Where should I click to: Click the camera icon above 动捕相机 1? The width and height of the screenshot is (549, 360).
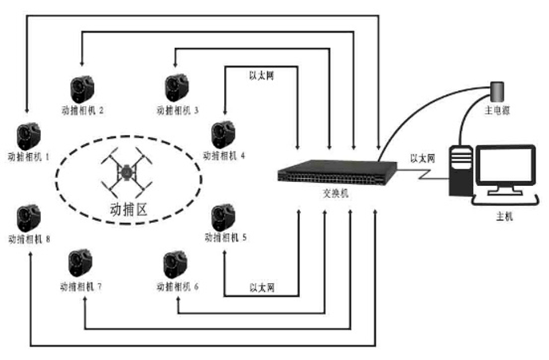coord(29,136)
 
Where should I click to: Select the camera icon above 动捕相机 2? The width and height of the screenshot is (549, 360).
coord(82,89)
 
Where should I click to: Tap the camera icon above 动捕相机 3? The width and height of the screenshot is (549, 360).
coord(177,88)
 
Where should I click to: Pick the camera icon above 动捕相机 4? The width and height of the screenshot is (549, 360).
coord(223,135)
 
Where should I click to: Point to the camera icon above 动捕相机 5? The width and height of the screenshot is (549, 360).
coord(223,218)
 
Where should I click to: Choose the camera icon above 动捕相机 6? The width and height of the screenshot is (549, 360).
coord(176,265)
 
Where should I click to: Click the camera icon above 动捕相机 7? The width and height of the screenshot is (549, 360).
coord(81,263)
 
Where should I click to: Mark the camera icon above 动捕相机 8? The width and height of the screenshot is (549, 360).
coord(29,219)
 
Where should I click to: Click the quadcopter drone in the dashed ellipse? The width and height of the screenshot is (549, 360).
coord(127,172)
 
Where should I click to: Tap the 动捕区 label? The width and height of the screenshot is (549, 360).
coord(128,210)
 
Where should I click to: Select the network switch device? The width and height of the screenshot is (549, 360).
coord(338,172)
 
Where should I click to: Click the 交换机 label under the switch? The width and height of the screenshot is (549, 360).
coord(335,193)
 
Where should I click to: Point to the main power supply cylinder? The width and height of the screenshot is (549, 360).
coord(497,92)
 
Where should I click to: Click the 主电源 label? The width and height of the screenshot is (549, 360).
coord(497,111)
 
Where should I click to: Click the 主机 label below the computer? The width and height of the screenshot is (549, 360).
coord(504,217)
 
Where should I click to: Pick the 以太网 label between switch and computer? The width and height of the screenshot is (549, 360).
coord(423,159)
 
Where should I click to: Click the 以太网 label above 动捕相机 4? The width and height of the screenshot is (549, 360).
coord(262,76)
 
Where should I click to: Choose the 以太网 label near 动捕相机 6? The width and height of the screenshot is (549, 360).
coord(262,288)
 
